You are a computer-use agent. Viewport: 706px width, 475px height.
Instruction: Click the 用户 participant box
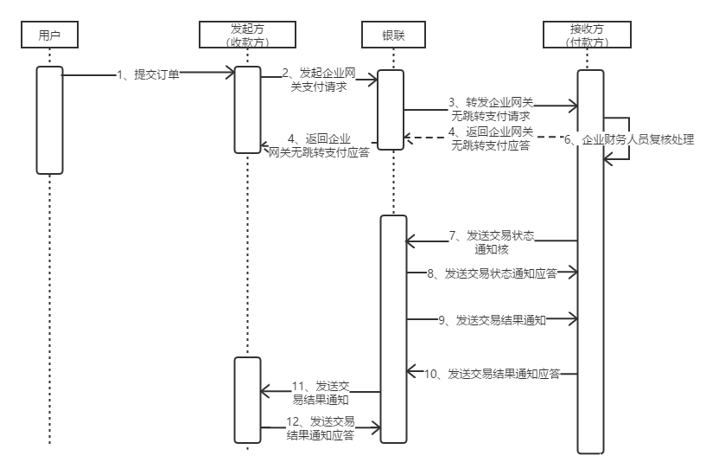(49, 35)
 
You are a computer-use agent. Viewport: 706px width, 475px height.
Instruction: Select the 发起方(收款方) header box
(247, 35)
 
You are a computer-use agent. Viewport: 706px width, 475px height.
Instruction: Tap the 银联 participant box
(391, 35)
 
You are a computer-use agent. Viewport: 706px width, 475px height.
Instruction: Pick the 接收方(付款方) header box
(588, 35)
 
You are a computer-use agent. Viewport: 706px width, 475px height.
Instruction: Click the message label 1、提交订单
(148, 75)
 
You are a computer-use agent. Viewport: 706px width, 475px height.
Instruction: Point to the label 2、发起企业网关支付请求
(319, 80)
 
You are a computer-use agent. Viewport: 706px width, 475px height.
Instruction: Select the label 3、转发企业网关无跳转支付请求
(491, 109)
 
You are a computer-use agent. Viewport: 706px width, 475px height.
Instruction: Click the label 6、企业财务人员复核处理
(629, 138)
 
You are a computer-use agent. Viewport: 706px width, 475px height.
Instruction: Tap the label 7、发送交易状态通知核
(491, 241)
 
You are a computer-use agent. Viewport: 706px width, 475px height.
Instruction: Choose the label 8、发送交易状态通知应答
(492, 273)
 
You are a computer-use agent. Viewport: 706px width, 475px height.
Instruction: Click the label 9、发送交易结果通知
(492, 320)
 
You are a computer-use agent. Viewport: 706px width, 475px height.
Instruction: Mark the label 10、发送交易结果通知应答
(492, 374)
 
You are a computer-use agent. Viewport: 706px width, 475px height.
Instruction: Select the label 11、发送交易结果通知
(320, 392)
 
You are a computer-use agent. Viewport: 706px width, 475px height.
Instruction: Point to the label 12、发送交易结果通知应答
(320, 427)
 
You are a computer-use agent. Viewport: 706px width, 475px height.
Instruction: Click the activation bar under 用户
(49, 120)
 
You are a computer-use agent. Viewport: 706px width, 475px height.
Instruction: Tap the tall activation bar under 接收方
(590, 260)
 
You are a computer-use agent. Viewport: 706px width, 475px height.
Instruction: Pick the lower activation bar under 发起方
(247, 400)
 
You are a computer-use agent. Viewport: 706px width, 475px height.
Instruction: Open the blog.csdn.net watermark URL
(592, 459)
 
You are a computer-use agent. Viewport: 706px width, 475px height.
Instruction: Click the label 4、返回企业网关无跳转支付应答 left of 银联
(319, 144)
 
